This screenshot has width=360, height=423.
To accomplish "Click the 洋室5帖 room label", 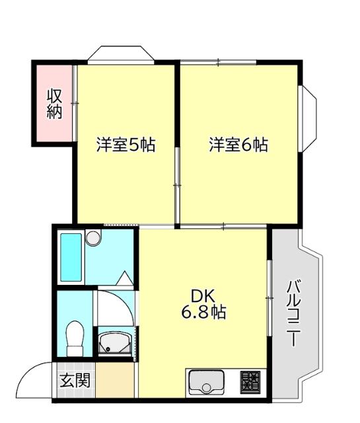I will coord(126,145).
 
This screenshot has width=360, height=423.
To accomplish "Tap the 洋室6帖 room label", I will coord(238,145).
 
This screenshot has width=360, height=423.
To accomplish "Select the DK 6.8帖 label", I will coord(203,304).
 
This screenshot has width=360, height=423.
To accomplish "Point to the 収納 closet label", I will coord(54,104).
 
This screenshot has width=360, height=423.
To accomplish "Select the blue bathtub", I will coord(71,257).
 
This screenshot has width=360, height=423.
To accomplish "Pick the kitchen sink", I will coord(206,382).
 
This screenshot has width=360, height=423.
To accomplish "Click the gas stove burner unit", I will coord(250,381).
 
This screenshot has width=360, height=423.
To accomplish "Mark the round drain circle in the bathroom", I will coord(92,237).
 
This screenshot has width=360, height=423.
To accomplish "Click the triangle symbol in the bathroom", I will coord(124,278).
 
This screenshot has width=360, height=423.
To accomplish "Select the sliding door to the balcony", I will coord(269,298).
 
